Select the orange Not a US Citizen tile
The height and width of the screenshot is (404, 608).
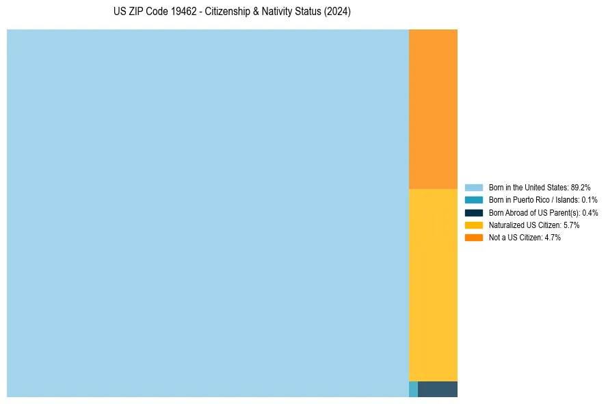coord(433,109)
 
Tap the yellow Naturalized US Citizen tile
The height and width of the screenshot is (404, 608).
coord(433,285)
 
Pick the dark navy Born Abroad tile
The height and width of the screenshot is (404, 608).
coord(438,389)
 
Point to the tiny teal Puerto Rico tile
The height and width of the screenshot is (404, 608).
coord(413,389)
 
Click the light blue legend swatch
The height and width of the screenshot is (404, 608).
coord(474,187)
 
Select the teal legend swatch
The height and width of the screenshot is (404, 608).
coord(474,200)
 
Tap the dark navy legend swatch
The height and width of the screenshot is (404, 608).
coord(474,212)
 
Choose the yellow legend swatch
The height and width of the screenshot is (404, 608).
coord(474,225)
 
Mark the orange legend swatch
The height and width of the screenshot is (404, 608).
coord(474,237)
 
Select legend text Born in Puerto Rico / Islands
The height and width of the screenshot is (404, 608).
coord(533,200)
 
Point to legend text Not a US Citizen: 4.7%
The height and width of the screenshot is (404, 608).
coord(525,237)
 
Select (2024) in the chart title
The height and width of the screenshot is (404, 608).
coord(338,12)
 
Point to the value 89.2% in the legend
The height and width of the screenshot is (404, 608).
coord(580,187)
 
